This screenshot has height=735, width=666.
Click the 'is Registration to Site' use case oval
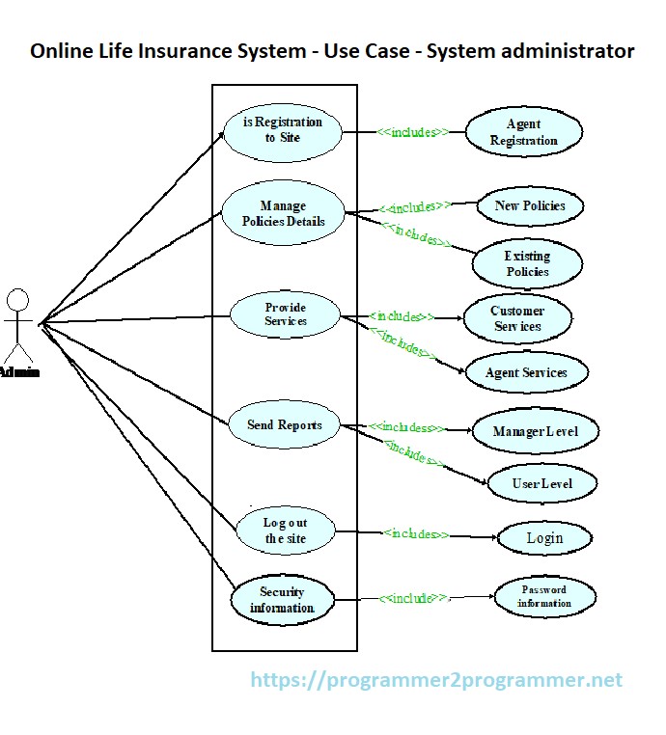pos(283,130)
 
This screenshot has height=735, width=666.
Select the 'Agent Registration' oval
pos(524,132)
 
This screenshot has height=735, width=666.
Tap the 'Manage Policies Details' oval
pos(283,213)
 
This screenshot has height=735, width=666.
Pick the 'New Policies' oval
pos(530,205)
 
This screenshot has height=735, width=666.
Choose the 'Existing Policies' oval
pos(527,263)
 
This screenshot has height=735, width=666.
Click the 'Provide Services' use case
pos(286,314)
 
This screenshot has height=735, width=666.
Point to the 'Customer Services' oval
pos(517,318)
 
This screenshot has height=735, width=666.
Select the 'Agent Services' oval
pos(526,372)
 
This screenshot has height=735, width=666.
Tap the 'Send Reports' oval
pos(285,425)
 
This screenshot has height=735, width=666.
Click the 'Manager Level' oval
pos(536,431)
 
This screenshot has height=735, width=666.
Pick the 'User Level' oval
pos(541,483)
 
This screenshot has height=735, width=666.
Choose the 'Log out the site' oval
pos(286,531)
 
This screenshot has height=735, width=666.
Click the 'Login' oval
pos(544,537)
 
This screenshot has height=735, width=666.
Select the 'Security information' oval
pos(282,600)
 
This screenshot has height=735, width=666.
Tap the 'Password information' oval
pos(544,596)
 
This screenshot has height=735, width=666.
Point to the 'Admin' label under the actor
pos(19,372)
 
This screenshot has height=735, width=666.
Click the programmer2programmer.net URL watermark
pos(436,680)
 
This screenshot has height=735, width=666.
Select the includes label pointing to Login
pos(415,533)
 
